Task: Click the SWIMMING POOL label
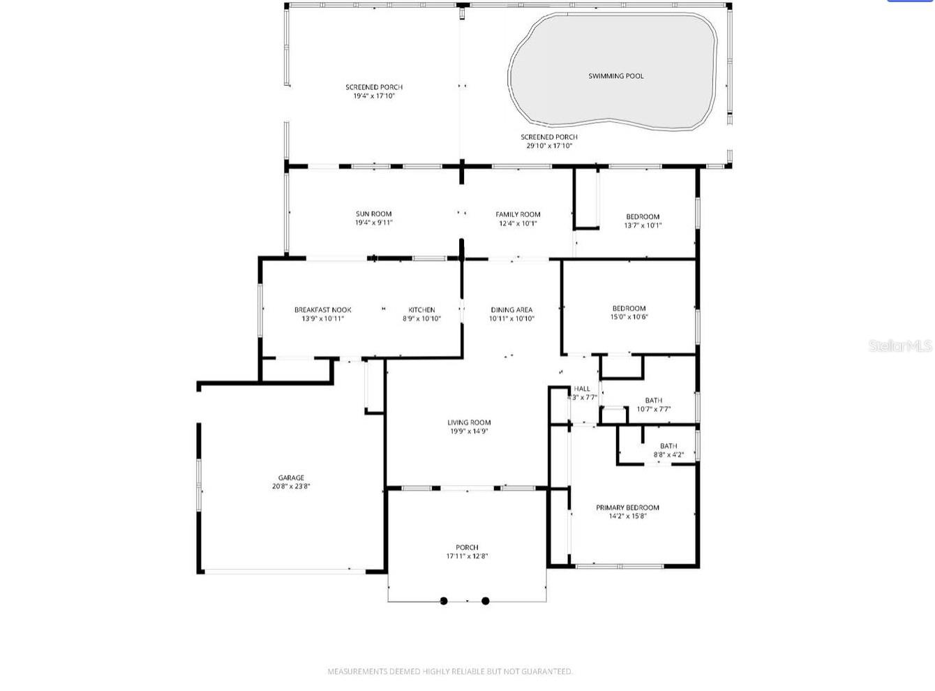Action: coord(615,76)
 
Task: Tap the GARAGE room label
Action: coord(291,478)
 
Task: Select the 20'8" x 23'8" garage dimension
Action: coord(291,486)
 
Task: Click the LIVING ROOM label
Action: coord(469,422)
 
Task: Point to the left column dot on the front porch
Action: coord(444,600)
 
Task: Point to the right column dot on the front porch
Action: coord(486,600)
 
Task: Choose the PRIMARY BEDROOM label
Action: coord(627,507)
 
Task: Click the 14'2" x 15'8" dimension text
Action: coord(627,517)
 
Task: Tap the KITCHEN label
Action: coord(421,310)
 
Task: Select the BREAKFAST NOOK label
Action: coord(322,310)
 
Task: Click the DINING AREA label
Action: coord(511,310)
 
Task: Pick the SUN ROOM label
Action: coord(373,214)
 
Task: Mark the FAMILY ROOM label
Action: coord(518,214)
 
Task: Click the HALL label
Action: coord(582,389)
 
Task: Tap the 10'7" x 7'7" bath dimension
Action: coord(654,409)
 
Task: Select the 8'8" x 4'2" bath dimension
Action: coord(668,454)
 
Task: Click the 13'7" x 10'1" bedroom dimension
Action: coord(643,225)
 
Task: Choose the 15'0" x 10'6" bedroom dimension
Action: coord(629,317)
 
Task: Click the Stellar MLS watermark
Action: coord(900,345)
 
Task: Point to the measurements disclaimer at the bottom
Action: coord(450,671)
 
